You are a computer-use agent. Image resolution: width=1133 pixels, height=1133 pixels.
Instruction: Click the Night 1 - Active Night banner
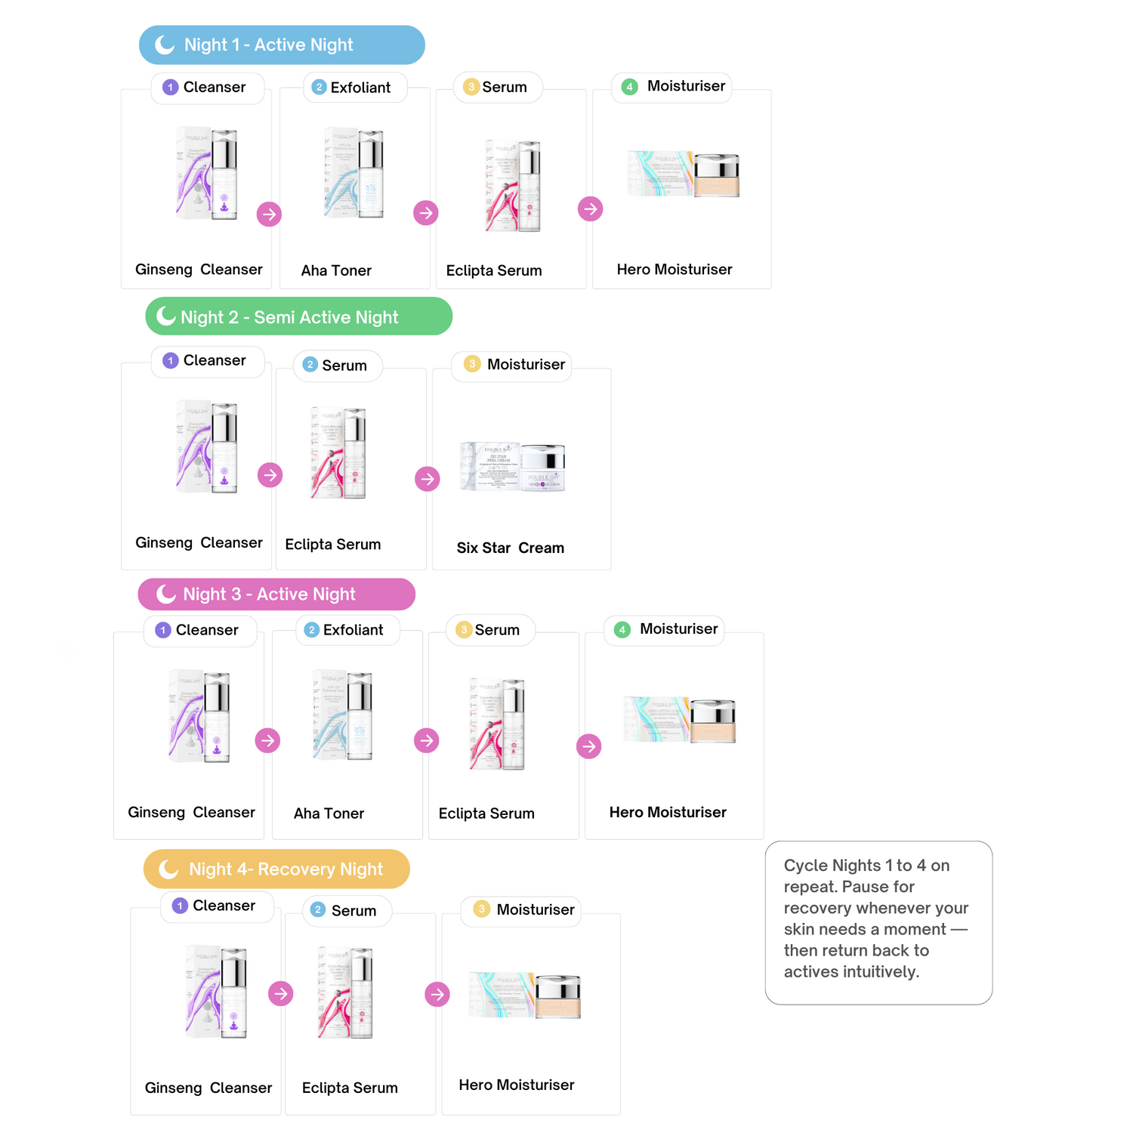282,45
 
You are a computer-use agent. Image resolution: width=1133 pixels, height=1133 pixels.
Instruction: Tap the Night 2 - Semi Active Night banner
298,316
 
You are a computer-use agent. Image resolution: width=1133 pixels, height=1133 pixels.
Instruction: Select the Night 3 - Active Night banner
276,594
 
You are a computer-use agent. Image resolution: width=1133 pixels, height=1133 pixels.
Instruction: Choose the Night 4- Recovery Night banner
276,869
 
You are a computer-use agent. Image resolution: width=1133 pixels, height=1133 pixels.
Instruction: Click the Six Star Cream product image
513,467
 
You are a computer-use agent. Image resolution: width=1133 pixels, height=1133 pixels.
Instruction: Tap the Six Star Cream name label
510,548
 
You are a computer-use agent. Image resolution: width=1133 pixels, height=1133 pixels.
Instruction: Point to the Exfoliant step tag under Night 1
355,88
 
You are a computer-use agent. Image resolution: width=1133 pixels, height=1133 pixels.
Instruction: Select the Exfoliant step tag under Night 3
347,630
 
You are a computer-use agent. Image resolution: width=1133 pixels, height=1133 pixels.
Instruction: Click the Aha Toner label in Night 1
336,270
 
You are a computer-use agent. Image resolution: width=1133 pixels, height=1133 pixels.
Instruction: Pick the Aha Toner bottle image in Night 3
344,715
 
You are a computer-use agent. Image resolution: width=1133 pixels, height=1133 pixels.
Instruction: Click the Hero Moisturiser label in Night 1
675,270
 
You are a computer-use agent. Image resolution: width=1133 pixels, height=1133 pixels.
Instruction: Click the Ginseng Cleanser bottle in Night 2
207,447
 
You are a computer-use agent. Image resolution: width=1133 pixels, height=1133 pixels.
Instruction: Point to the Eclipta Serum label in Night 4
350,1088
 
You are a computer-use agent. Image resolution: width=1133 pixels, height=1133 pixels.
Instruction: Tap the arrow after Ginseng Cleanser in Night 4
281,993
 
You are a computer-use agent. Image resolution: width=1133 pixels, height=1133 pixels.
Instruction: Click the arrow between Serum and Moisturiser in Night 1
591,209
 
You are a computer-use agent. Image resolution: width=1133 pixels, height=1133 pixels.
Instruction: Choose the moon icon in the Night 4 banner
168,869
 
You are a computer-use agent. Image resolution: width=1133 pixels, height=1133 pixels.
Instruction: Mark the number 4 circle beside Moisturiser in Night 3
622,630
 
